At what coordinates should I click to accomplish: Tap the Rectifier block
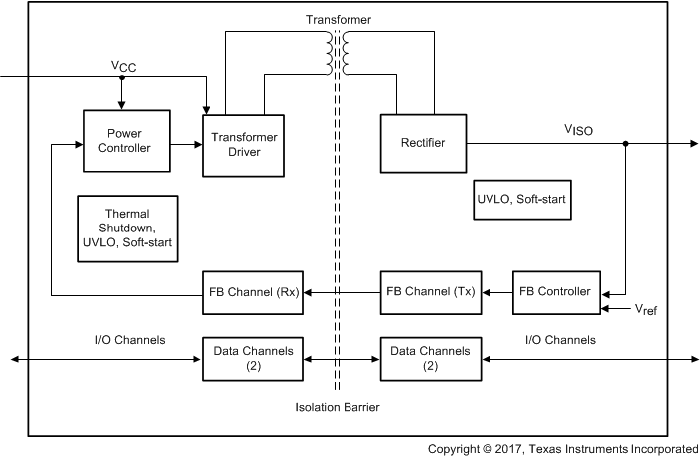[x=424, y=143]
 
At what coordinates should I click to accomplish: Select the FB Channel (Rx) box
[x=253, y=292]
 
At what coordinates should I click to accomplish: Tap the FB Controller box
[x=556, y=292]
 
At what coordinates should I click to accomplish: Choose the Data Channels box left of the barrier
[x=253, y=358]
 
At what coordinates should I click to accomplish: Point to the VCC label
[x=125, y=66]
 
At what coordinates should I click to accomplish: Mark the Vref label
[x=645, y=310]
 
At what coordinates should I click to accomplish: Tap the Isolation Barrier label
[x=338, y=407]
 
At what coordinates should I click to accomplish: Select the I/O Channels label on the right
[x=558, y=340]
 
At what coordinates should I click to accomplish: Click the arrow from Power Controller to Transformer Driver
[x=186, y=144]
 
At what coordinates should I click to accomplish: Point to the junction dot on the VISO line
[x=625, y=144]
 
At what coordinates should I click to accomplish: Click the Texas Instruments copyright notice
[x=562, y=449]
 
